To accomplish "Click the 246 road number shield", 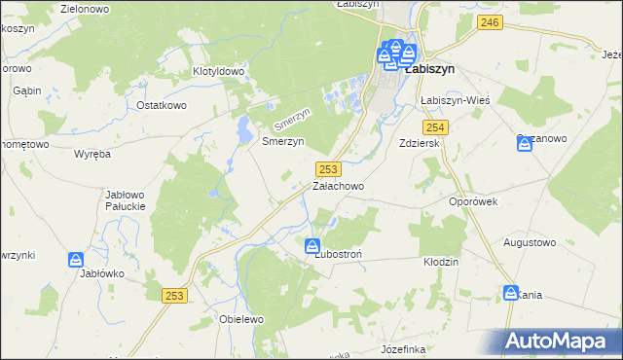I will coord(491,22).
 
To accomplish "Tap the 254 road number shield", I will coord(435,128).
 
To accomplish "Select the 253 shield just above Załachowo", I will coord(329,168).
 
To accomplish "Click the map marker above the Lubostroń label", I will coord(313,247).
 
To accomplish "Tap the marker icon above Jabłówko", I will coord(76,260).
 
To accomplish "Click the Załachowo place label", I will coord(338,185).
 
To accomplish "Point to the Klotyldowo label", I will coord(217,71).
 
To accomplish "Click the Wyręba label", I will coord(94,154).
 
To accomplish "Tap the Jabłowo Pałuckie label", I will coord(125,200).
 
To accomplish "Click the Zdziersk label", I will coord(421,143).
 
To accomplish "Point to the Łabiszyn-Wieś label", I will coord(454,100).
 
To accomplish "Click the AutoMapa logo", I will coord(561,341).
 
